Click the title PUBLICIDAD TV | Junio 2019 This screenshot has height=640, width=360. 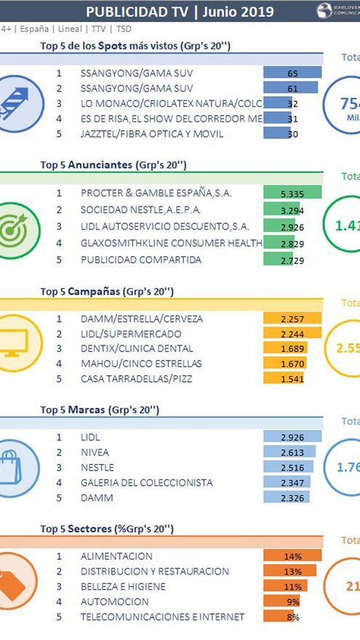coord(180,12)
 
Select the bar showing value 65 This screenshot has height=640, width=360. coord(292,73)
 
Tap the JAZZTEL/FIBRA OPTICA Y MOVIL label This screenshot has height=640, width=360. coord(142,134)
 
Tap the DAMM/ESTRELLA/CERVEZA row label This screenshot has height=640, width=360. coord(132,319)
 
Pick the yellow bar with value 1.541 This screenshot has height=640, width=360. coord(283,379)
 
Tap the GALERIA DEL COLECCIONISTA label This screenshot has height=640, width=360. coord(145,481)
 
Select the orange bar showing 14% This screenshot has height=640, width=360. coord(292,556)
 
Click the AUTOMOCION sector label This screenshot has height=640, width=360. coord(114,601)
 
